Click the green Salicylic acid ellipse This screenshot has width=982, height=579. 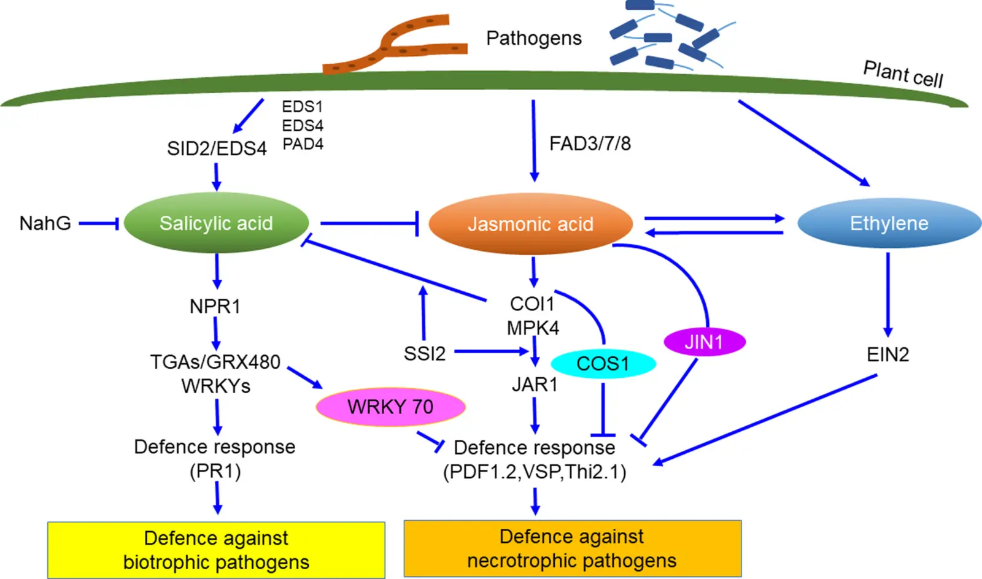coord(216,223)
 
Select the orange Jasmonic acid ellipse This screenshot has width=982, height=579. coord(530,224)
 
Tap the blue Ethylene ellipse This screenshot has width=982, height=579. coord(889,223)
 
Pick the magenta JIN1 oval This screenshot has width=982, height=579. coord(705,342)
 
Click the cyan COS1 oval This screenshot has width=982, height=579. coord(603,364)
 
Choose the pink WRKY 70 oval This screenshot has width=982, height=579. coord(390,407)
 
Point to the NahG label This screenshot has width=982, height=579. coord(45,223)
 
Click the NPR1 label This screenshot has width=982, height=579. coord(215,305)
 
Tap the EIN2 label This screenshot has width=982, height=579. coord(887,355)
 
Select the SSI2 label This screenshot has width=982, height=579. coord(424,353)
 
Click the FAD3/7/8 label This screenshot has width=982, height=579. coord(589,144)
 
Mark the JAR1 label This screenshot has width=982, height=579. coord(535,385)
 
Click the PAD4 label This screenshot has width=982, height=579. coord(303,144)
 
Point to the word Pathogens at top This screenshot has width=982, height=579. coord(533,38)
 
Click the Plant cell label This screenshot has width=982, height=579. coord(902,74)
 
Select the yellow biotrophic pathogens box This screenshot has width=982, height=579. coord(216,550)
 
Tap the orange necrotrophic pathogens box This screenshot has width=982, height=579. coord(572,548)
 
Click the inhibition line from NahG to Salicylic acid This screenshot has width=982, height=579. coord(98,224)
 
